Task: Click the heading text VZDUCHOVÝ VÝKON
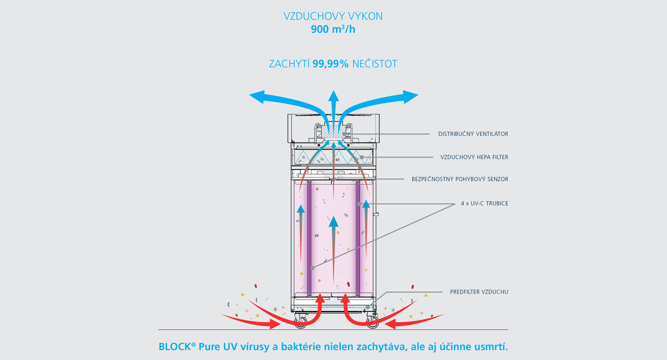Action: click(333, 16)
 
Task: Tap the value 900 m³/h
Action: click(333, 29)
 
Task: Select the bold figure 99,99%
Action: click(330, 64)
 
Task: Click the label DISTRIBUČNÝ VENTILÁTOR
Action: click(473, 134)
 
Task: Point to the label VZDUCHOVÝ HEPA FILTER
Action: click(474, 157)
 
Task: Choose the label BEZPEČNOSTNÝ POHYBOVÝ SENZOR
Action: click(460, 179)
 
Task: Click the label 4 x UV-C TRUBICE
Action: click(485, 204)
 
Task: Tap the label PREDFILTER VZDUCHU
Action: click(479, 292)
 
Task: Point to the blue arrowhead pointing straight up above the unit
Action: click(333, 96)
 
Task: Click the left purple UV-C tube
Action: click(309, 238)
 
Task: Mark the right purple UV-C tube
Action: click(358, 238)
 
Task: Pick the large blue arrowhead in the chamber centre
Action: click(333, 222)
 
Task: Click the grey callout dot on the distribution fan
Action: click(344, 134)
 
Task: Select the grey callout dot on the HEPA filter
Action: click(362, 157)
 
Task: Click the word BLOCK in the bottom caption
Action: click(175, 347)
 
